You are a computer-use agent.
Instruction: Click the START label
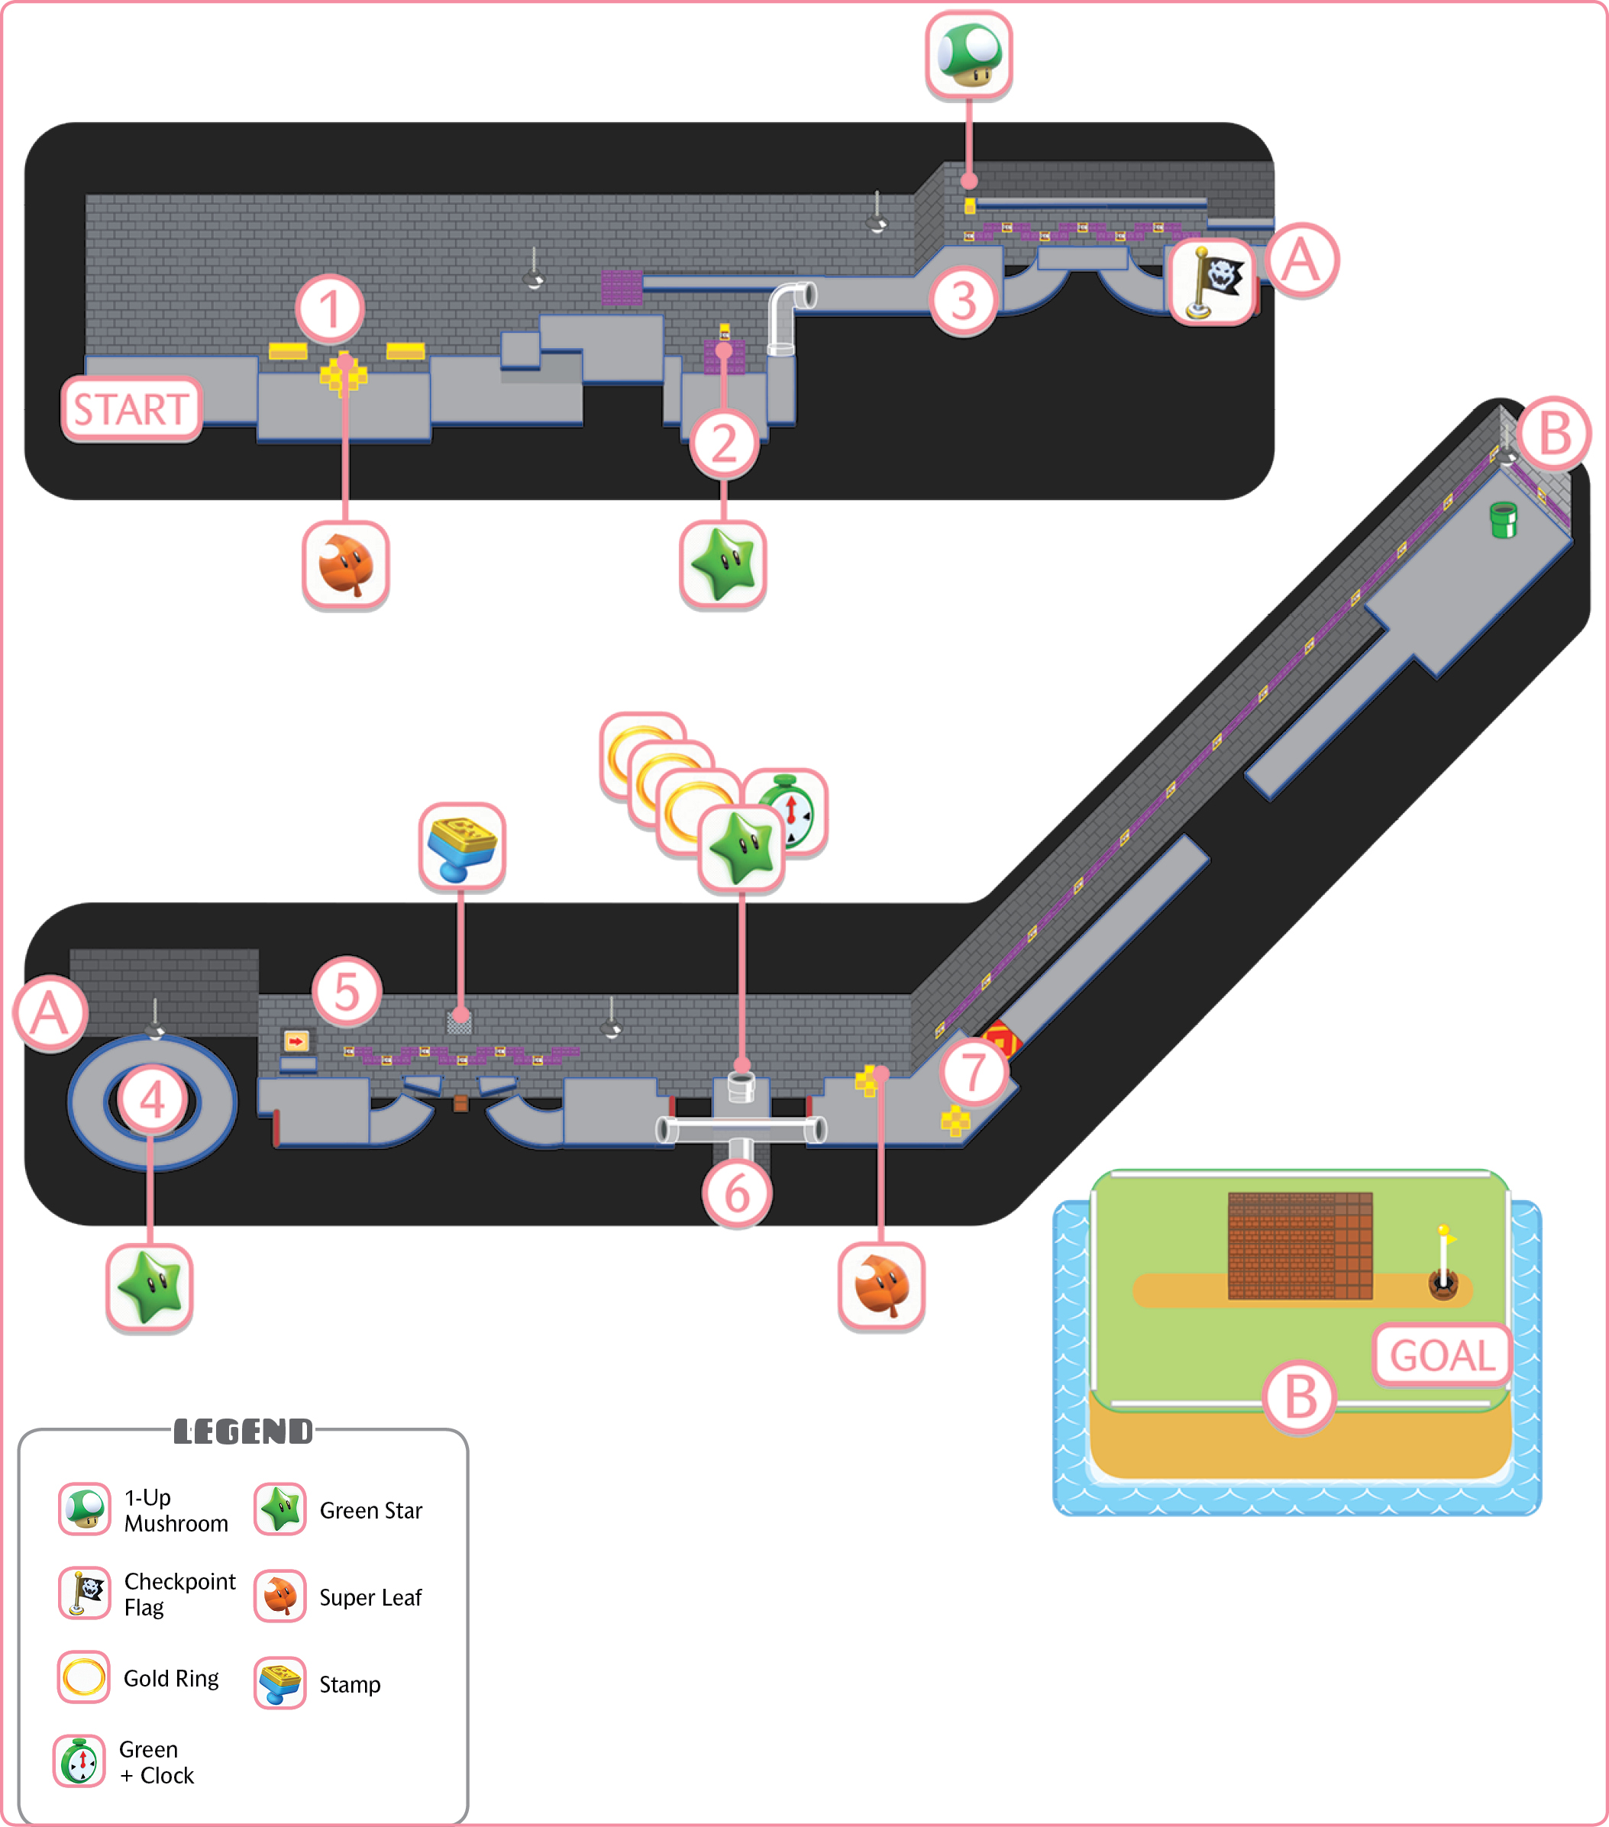click(131, 409)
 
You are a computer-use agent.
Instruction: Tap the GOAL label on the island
click(1442, 1355)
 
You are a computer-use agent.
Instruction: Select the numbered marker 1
click(330, 309)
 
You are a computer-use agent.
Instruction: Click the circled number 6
click(737, 1193)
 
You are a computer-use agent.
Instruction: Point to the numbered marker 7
click(974, 1072)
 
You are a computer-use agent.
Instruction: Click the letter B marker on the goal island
click(1300, 1398)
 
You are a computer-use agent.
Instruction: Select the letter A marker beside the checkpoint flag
click(1301, 261)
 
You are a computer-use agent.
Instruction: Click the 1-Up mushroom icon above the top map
click(969, 54)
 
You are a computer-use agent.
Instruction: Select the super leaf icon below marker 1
click(346, 566)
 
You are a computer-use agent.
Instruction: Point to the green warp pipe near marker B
click(1504, 519)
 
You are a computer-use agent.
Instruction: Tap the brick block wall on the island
click(1300, 1245)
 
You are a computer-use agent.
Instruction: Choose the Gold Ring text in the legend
click(171, 1679)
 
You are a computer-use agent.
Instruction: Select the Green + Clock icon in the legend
click(79, 1761)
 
